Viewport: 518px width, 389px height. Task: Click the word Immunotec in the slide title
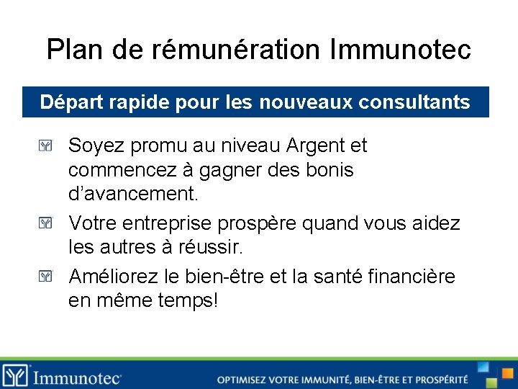point(401,50)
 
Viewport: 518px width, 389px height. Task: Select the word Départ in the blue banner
point(67,102)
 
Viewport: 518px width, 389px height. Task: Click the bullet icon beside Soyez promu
point(47,146)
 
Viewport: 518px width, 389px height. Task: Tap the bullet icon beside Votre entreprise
point(47,224)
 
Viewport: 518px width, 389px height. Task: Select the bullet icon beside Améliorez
point(47,276)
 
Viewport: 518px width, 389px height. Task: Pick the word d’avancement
point(133,194)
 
